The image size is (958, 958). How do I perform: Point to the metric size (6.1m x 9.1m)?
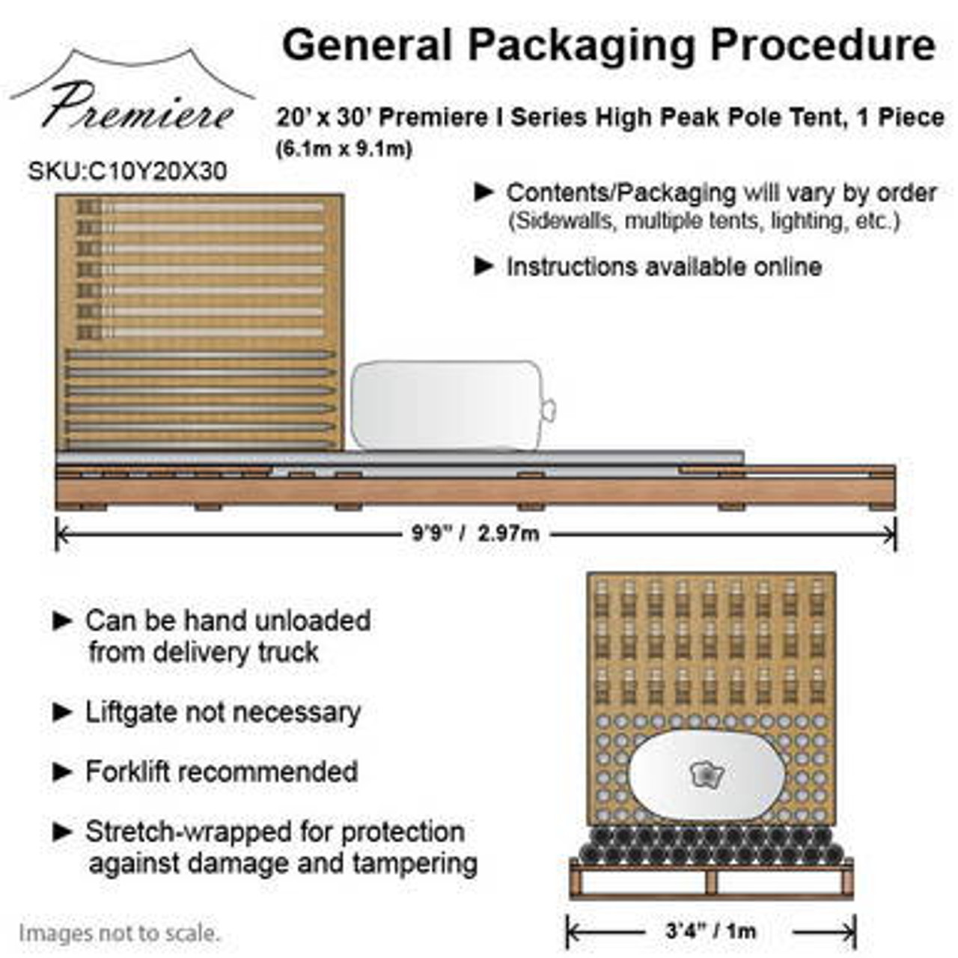point(344,149)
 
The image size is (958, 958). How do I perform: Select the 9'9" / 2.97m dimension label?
point(475,534)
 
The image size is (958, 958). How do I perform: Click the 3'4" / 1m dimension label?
point(710,931)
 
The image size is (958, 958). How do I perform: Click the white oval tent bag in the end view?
point(706,775)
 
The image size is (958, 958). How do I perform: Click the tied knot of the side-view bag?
point(548,409)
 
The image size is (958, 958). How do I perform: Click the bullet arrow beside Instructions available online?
point(484,266)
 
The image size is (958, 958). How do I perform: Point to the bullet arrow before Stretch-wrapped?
point(63,832)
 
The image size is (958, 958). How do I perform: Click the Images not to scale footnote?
point(120,933)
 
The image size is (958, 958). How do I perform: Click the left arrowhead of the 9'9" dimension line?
point(61,534)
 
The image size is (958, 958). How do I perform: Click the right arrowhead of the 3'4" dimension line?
point(852,932)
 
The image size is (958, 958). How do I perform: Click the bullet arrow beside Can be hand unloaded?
point(63,620)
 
